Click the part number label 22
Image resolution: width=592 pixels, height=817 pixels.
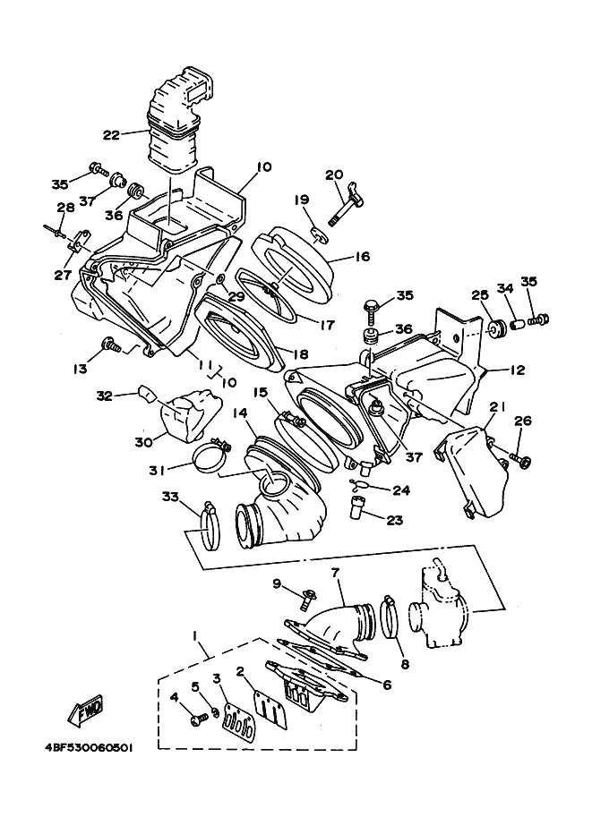point(111,135)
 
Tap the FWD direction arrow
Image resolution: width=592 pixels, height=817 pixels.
point(87,711)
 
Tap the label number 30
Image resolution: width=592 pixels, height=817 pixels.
point(143,440)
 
